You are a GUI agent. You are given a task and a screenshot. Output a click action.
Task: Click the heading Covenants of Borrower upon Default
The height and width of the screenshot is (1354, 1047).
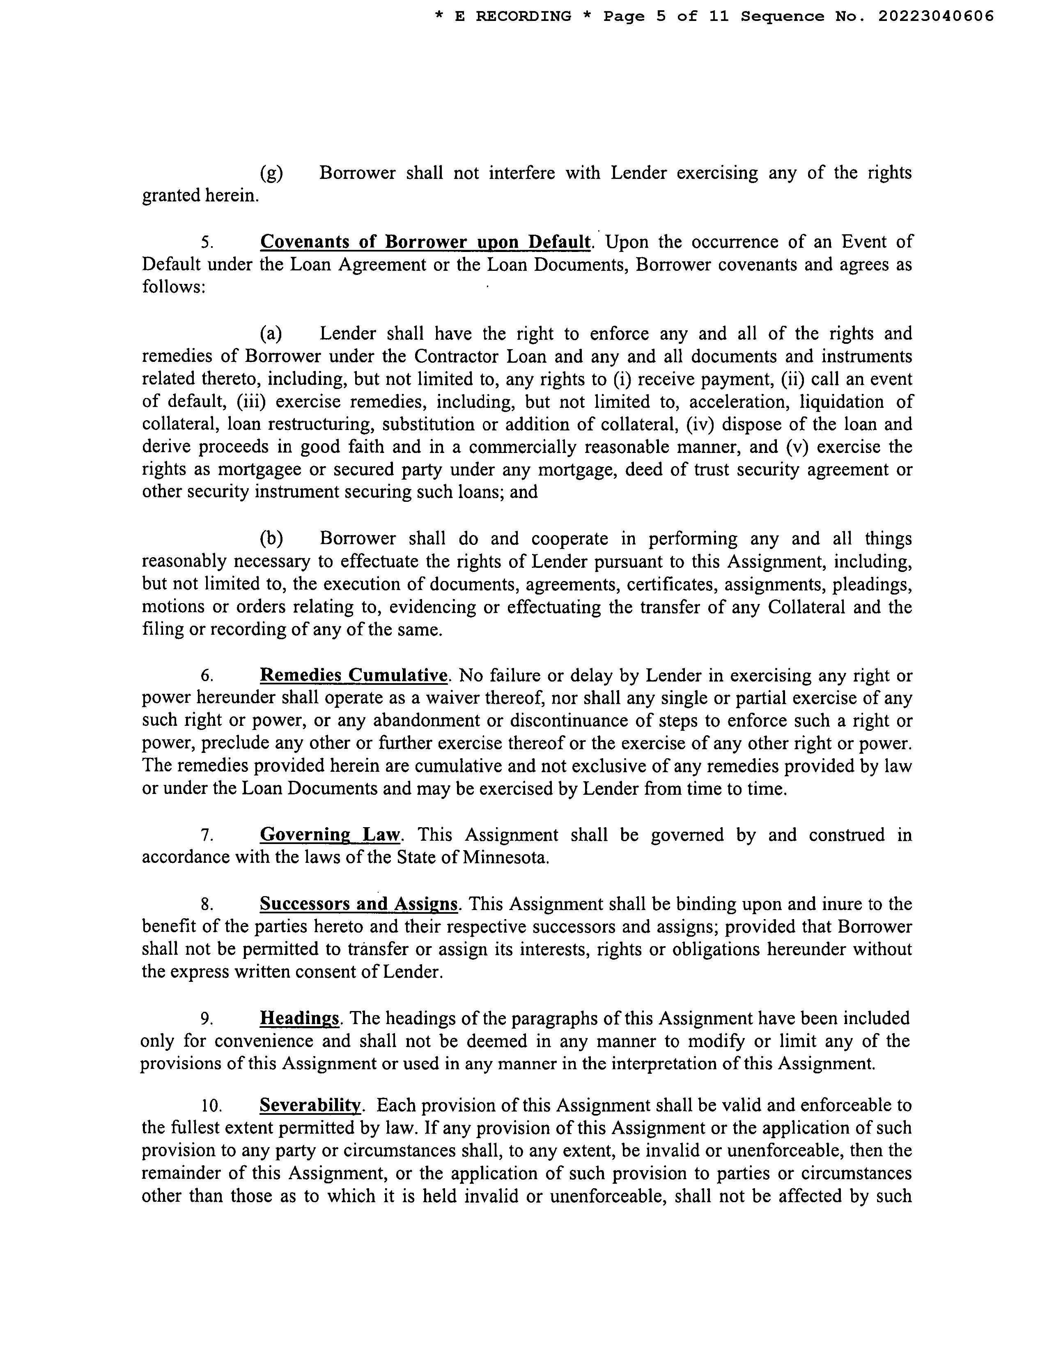click(x=425, y=242)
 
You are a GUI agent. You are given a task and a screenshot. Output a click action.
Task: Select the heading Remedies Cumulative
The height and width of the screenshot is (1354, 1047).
click(x=354, y=675)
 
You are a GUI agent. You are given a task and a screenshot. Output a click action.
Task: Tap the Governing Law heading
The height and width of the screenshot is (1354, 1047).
click(x=331, y=835)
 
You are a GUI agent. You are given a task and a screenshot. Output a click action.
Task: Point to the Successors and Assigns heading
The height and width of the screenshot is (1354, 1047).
click(x=358, y=904)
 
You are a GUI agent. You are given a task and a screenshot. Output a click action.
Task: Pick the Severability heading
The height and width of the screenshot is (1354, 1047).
click(x=310, y=1105)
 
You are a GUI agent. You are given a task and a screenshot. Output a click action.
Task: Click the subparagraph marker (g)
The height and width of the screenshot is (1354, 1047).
click(x=271, y=173)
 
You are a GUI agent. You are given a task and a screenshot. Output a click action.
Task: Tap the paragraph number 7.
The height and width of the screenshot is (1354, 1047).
click(x=207, y=835)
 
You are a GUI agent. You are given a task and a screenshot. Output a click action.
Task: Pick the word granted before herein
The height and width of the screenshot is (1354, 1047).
click(x=170, y=196)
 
